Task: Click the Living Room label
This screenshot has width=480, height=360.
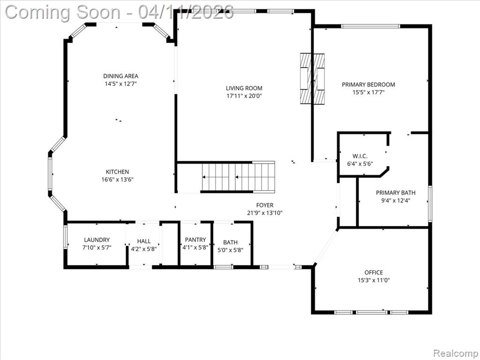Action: pyautogui.click(x=244, y=88)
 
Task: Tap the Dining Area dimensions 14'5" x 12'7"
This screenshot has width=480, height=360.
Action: pyautogui.click(x=120, y=84)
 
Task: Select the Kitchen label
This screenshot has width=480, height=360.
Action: pyautogui.click(x=117, y=172)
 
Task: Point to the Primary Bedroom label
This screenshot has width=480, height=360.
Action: pyautogui.click(x=368, y=84)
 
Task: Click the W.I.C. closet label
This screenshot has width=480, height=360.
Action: pyautogui.click(x=360, y=156)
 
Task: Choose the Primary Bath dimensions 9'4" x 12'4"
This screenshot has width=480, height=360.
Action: pyautogui.click(x=396, y=201)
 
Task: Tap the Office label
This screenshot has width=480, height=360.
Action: pyautogui.click(x=374, y=272)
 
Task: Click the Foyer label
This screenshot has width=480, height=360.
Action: pyautogui.click(x=265, y=205)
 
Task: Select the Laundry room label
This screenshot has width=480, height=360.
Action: pyautogui.click(x=97, y=240)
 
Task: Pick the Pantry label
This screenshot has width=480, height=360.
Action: pyautogui.click(x=195, y=240)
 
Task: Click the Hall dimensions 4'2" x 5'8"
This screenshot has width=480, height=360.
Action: pyautogui.click(x=144, y=249)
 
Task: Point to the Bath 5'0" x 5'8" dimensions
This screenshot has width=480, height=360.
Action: pyautogui.click(x=230, y=250)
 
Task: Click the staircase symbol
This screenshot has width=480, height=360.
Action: pyautogui.click(x=238, y=177)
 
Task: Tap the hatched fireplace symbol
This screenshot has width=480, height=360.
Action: pyautogui.click(x=312, y=79)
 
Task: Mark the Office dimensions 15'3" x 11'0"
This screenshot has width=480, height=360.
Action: pyautogui.click(x=374, y=280)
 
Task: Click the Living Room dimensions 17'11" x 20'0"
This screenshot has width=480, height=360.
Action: pyautogui.click(x=244, y=96)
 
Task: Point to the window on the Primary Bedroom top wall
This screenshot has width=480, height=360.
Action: pyautogui.click(x=371, y=26)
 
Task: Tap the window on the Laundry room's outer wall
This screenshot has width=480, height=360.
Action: pyautogui.click(x=65, y=237)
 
